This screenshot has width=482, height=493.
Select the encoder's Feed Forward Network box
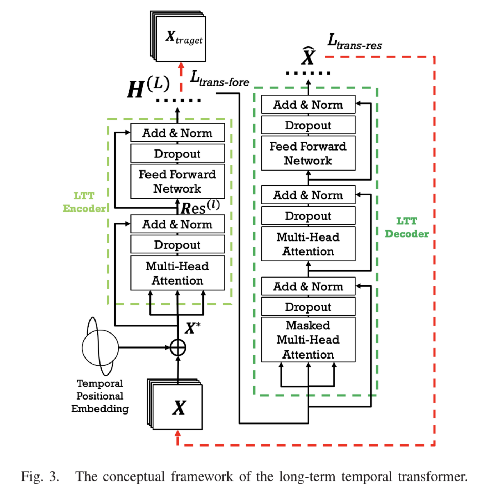[178, 181]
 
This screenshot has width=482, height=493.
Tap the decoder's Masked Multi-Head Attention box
[308, 340]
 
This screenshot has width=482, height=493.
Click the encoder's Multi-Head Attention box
[178, 273]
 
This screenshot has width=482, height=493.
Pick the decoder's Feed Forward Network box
[308, 153]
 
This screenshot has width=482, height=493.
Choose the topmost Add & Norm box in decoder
[308, 105]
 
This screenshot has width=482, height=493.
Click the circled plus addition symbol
[178, 347]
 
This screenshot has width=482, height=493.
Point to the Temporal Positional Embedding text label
[100, 396]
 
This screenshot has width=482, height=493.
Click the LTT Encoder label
[84, 202]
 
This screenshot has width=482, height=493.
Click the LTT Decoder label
[406, 228]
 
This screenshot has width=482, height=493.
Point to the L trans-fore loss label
[219, 79]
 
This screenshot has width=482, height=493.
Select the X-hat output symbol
[308, 56]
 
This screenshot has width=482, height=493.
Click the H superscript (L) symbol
[148, 87]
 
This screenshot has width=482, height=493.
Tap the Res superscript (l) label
[200, 207]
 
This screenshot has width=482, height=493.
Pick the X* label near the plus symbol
[193, 328]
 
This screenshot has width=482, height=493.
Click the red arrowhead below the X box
[178, 433]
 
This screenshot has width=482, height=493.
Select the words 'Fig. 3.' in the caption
[40, 477]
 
